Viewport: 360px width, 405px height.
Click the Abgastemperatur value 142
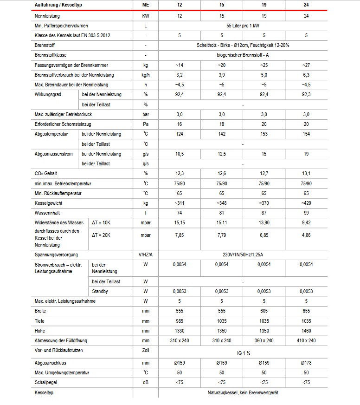pyautogui.click(x=222, y=134)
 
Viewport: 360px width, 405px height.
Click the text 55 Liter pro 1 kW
pyautogui.click(x=243, y=25)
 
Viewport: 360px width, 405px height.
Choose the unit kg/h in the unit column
pyautogui.click(x=146, y=75)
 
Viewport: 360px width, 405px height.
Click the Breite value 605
pyautogui.click(x=264, y=311)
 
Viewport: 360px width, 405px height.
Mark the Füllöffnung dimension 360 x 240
pyautogui.click(x=264, y=340)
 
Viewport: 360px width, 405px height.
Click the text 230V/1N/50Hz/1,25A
pyautogui.click(x=243, y=255)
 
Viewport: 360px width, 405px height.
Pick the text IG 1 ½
pyautogui.click(x=243, y=353)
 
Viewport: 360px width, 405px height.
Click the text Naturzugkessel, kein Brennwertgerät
pyautogui.click(x=243, y=392)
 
